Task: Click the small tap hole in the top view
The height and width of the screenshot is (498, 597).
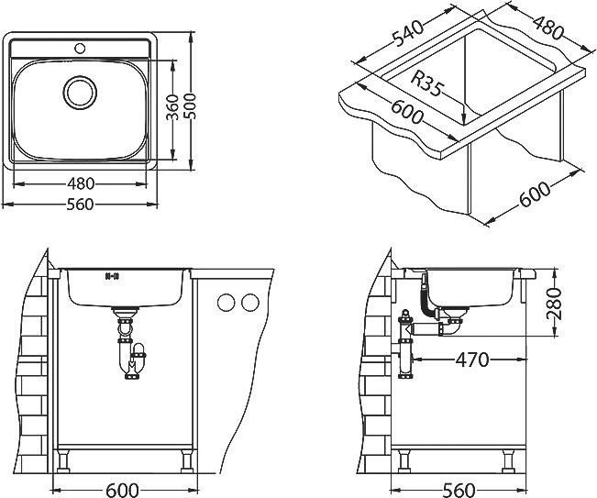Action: (x=80, y=49)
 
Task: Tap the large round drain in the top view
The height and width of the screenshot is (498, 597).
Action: (x=80, y=93)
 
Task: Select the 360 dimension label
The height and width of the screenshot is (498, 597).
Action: (x=173, y=107)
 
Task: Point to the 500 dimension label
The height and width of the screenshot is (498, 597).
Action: (x=192, y=105)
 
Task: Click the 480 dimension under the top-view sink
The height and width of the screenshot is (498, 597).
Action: (x=81, y=183)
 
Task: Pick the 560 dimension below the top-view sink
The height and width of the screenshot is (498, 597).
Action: (x=80, y=205)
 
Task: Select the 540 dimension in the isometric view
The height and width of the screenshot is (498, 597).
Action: (x=408, y=33)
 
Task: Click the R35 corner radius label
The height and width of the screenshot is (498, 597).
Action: (x=427, y=83)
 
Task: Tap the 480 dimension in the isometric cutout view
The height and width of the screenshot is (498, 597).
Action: (x=547, y=27)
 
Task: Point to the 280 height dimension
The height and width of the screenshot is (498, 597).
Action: (x=554, y=304)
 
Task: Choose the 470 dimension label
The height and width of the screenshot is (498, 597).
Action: (x=471, y=360)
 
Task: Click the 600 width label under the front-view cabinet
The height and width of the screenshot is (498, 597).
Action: (x=122, y=490)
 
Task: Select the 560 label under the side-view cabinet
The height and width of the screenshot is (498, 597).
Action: (x=459, y=490)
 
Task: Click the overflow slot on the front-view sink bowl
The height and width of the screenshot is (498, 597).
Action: (x=112, y=276)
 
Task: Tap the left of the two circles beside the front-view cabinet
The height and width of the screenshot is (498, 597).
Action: (x=227, y=303)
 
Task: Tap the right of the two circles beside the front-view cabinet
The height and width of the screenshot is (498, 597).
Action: (x=250, y=303)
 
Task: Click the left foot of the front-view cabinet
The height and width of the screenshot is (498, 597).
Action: (x=63, y=461)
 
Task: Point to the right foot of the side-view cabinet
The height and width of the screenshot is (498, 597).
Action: (x=508, y=461)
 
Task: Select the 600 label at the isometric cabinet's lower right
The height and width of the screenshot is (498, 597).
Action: (x=535, y=194)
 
